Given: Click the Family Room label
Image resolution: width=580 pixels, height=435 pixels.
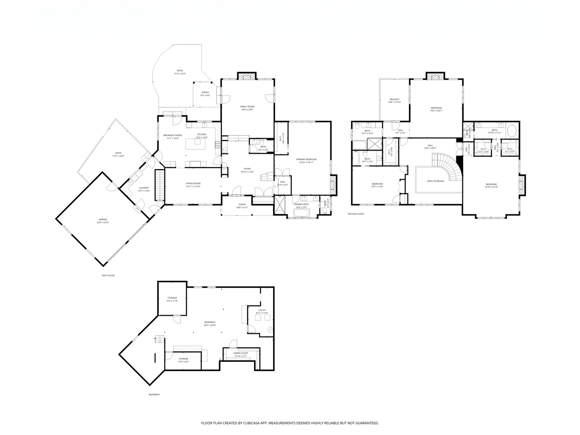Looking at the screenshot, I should [248, 106].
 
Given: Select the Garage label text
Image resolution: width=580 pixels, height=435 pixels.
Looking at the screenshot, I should [101, 219].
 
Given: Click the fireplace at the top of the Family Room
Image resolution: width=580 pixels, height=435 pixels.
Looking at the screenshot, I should [247, 77].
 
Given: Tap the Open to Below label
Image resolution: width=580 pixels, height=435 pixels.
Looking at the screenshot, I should [435, 181].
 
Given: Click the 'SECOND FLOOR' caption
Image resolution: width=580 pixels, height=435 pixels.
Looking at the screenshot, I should [356, 214].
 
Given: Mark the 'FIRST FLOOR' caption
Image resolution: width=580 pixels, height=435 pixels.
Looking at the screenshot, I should [108, 275].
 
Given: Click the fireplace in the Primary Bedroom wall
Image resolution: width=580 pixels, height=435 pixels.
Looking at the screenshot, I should [333, 184].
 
